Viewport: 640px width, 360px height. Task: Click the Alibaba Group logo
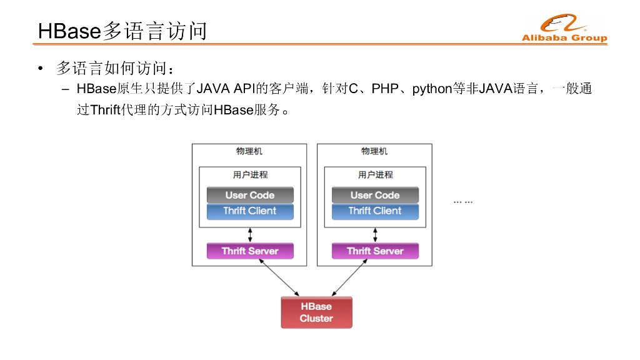pos(564,29)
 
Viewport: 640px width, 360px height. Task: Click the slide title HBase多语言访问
pos(122,31)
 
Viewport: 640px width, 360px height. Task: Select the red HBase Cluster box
pos(316,312)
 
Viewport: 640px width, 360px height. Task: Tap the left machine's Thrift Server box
pos(250,251)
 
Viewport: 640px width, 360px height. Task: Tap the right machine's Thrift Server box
pos(375,251)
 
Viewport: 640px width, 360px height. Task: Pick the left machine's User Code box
pos(250,195)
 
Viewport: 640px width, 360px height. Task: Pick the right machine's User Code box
pos(375,195)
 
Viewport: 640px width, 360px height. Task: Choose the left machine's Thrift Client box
pos(250,211)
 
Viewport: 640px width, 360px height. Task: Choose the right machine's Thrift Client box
pos(375,211)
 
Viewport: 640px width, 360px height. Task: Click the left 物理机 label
pos(249,152)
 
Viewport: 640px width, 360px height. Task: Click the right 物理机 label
pos(374,152)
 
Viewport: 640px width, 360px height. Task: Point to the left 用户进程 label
pos(250,175)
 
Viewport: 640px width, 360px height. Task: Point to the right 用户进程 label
pos(375,175)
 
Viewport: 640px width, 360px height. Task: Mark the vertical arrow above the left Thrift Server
pos(250,235)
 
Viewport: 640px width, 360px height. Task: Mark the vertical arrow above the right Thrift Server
pos(375,235)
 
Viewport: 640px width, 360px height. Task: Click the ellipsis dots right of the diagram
pos(463,202)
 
